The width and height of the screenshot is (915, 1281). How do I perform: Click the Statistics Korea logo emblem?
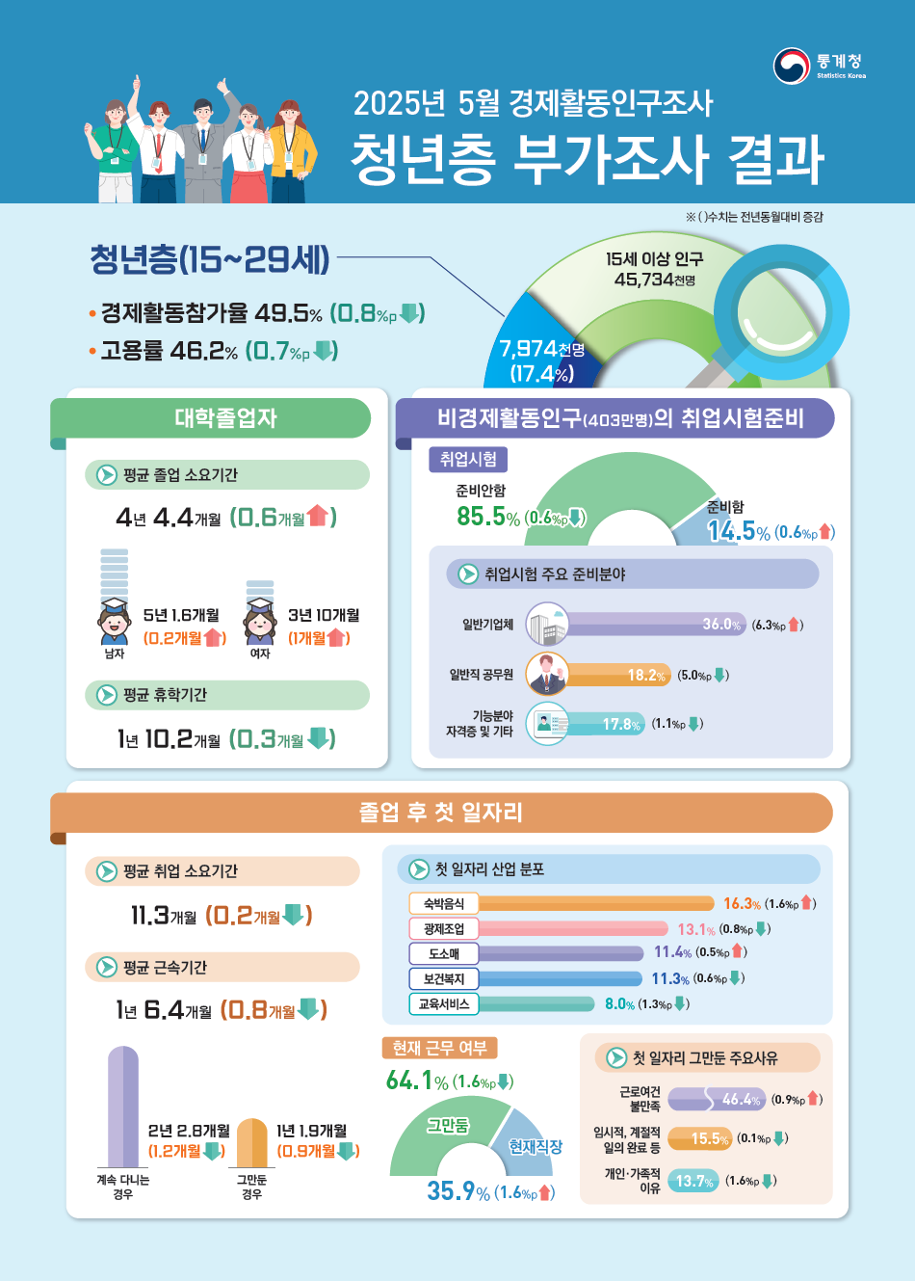791,66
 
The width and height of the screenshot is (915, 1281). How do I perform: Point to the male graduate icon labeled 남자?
114,621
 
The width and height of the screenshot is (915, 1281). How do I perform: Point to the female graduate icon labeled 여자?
259,621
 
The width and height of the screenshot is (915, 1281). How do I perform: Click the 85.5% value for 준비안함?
487,517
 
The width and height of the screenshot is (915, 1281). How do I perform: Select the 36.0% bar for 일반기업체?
655,625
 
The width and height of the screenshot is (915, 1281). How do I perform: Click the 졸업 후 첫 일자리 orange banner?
441,812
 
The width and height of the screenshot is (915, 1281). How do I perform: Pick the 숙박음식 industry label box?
443,903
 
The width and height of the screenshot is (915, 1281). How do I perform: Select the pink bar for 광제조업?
572,929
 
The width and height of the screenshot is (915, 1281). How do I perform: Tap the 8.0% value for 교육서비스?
619,1004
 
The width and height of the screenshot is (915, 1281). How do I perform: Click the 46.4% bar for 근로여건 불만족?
718,1099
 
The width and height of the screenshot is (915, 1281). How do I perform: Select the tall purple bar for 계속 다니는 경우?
123,1108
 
